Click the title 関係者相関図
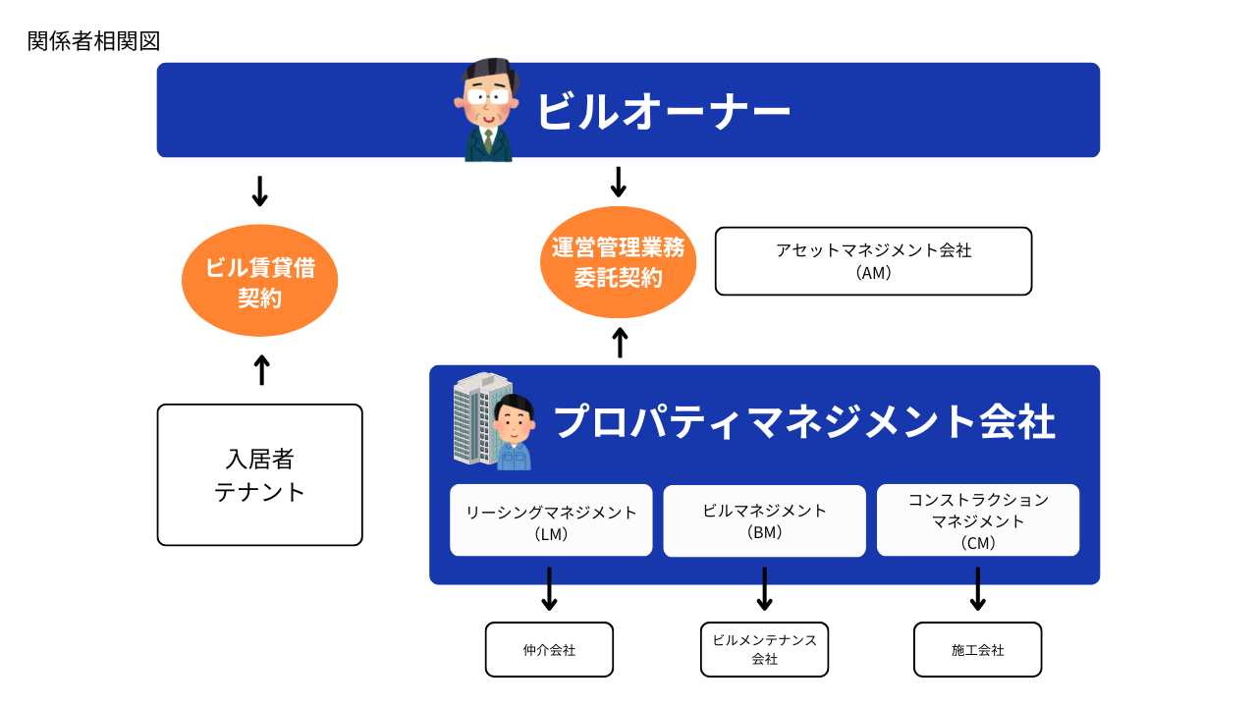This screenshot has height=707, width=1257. tap(93, 41)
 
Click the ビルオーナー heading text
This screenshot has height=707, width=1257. tap(663, 111)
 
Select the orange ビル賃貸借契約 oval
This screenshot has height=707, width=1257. tap(259, 281)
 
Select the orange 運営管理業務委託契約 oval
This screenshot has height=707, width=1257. tap(618, 262)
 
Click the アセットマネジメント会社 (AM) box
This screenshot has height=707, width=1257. tap(873, 261)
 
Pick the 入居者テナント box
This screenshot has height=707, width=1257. tap(259, 475)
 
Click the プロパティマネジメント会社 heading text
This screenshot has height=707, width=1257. tap(803, 422)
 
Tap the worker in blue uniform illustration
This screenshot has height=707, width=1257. tap(512, 433)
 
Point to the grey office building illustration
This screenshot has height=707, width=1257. tap(474, 417)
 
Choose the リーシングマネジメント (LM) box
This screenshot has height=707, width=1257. tap(551, 520)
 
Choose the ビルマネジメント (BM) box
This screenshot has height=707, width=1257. tap(764, 520)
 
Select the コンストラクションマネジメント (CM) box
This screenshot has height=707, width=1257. tap(977, 520)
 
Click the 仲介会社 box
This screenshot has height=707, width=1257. tap(549, 650)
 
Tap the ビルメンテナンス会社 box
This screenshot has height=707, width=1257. tap(764, 650)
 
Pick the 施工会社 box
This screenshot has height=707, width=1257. tap(977, 650)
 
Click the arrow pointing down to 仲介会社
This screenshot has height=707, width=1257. tap(550, 589)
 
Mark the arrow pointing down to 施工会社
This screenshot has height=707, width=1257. tap(977, 589)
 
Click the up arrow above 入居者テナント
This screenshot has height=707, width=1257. tap(261, 370)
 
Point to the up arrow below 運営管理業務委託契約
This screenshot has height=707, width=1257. tap(620, 342)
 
